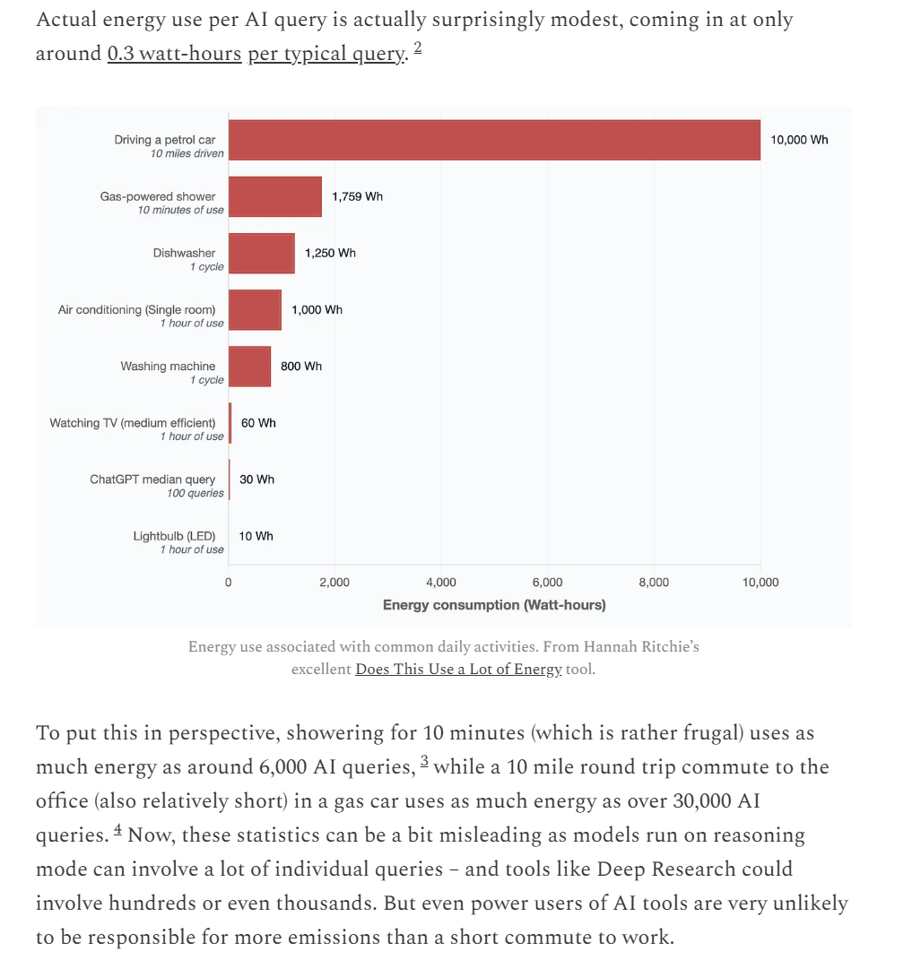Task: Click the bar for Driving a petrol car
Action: (x=494, y=140)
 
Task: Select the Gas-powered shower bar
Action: (x=274, y=196)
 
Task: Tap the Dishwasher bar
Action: (x=261, y=253)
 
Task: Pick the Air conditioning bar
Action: (x=255, y=309)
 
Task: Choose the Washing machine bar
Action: (x=249, y=366)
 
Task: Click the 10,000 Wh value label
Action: (x=799, y=140)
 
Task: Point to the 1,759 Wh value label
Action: (x=357, y=196)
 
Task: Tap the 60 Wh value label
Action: (x=258, y=422)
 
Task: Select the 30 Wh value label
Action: (x=256, y=480)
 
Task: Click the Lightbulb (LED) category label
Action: (x=174, y=536)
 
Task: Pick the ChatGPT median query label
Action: (x=152, y=480)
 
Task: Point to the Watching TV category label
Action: (x=133, y=422)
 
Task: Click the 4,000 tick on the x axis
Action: (x=441, y=583)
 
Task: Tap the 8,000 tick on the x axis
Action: (x=654, y=583)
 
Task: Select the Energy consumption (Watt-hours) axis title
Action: (x=494, y=605)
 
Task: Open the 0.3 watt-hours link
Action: (x=174, y=54)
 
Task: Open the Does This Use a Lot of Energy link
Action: (x=458, y=670)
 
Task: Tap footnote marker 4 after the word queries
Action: (x=117, y=831)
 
